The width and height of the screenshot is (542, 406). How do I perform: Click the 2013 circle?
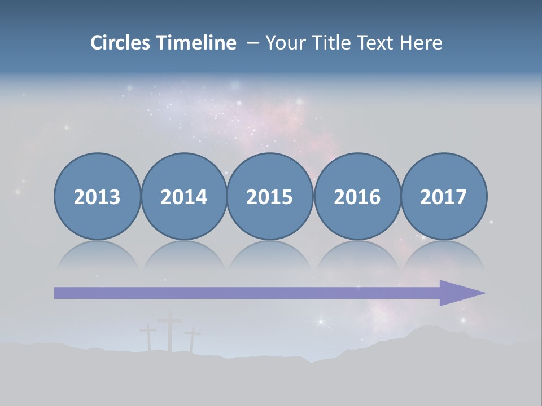[97, 196]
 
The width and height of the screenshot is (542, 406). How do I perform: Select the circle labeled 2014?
[183, 196]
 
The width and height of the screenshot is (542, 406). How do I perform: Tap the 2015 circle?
[270, 196]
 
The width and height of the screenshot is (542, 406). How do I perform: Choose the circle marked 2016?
[357, 196]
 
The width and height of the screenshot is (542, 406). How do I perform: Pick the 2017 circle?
[443, 196]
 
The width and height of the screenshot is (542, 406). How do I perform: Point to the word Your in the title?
[283, 43]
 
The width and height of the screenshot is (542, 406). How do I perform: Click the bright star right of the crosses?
[322, 322]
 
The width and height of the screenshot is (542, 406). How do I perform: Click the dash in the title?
[253, 43]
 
